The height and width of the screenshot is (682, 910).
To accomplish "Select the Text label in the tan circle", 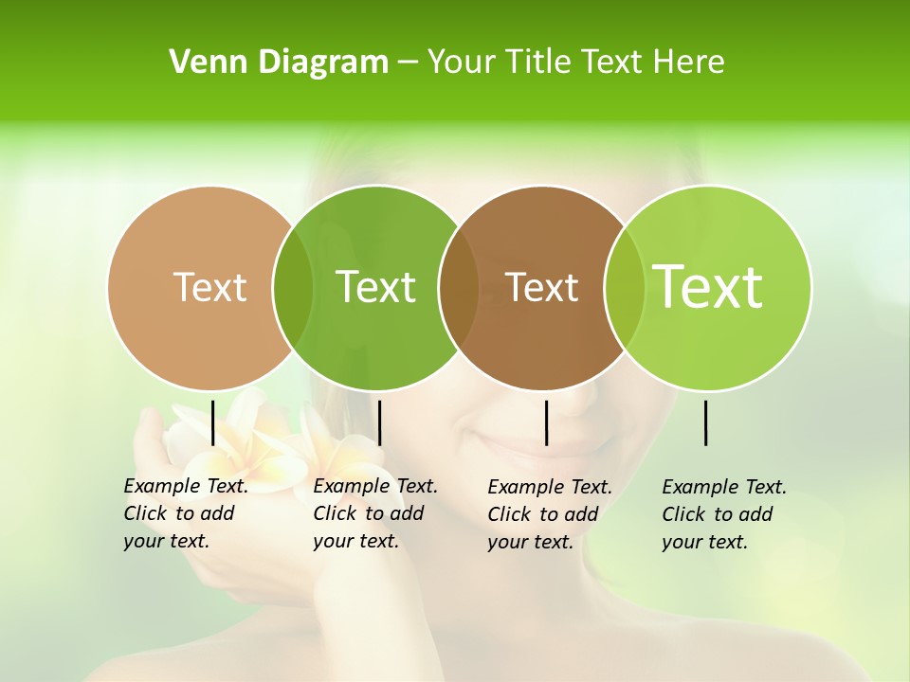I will click(x=209, y=287).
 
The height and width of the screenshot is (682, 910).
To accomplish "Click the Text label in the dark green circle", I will click(x=375, y=287).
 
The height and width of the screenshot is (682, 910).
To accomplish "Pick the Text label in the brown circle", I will click(x=541, y=287).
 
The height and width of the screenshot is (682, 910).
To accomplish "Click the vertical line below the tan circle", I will click(x=212, y=422).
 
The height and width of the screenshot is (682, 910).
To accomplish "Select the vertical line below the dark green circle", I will click(x=379, y=422).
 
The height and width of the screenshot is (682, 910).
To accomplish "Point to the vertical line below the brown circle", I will click(x=546, y=422).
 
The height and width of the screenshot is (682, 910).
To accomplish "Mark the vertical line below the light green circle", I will click(x=705, y=422).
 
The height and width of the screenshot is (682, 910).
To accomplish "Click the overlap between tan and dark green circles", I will click(x=293, y=287).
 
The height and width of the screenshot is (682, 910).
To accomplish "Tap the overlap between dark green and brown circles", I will click(x=459, y=287).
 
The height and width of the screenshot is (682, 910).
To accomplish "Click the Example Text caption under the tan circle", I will click(x=185, y=513).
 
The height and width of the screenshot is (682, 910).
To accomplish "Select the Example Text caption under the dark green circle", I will click(x=374, y=513).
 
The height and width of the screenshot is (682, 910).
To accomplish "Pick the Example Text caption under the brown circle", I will click(x=549, y=514).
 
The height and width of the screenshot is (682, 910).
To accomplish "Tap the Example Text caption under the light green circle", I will click(x=723, y=514).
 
